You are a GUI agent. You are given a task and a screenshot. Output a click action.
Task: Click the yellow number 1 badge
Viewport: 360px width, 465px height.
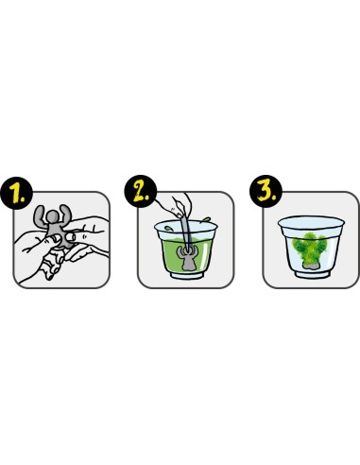point(17,194)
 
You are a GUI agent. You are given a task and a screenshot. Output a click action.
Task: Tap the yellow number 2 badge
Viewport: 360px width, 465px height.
point(141,191)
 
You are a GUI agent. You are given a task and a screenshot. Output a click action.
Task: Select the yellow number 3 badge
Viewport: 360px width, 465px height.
point(266,191)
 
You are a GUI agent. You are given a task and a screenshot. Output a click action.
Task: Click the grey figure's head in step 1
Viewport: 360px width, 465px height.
point(53,217)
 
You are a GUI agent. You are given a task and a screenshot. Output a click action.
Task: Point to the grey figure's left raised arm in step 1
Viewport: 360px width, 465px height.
point(39,217)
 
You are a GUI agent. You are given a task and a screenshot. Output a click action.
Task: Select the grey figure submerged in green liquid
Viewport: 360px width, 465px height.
point(188,259)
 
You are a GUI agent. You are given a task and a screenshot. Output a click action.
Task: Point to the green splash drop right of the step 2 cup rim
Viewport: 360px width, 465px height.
point(206,219)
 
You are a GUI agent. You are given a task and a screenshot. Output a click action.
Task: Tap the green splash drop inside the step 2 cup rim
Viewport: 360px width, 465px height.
point(168,228)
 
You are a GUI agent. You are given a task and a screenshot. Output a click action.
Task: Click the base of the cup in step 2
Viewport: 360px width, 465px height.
point(187,274)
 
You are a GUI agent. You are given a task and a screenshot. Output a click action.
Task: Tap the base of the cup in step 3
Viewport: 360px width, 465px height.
point(311,274)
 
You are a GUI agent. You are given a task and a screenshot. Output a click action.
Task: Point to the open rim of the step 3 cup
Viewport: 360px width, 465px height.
point(311,222)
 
